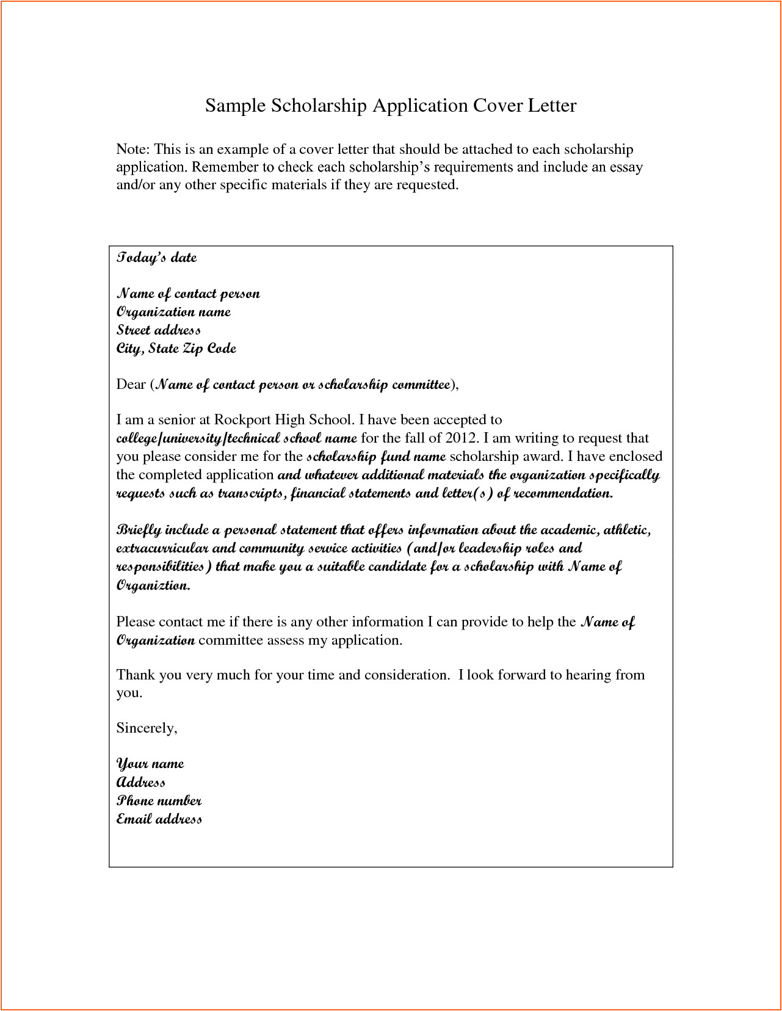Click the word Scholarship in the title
[x=319, y=106]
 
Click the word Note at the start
[x=132, y=150]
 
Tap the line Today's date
[x=156, y=258]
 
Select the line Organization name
[x=173, y=312]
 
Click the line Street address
[x=158, y=330]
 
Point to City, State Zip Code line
[x=176, y=349]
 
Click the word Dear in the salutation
[x=131, y=385]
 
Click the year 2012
[x=460, y=438]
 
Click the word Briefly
[x=139, y=530]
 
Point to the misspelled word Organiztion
[x=153, y=585]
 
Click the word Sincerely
[x=146, y=728]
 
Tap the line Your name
[x=150, y=764]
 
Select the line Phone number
[x=159, y=801]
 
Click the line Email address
[x=159, y=819]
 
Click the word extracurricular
[x=162, y=548]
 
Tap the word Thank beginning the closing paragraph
[x=136, y=675]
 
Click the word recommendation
[x=562, y=493]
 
